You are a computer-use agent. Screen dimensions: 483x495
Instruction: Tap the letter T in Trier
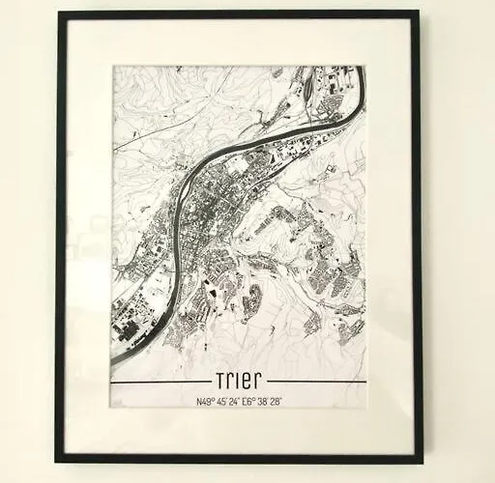[213, 379]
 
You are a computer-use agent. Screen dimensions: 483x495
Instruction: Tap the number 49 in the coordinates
[203, 401]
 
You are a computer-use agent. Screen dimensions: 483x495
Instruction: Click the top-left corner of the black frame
[58, 13]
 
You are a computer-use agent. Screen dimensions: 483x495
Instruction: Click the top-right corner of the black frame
[419, 13]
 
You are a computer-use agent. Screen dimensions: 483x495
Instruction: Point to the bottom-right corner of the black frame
[422, 462]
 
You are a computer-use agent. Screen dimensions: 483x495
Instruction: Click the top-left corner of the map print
[113, 67]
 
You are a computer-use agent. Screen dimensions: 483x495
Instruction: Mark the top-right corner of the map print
[364, 67]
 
